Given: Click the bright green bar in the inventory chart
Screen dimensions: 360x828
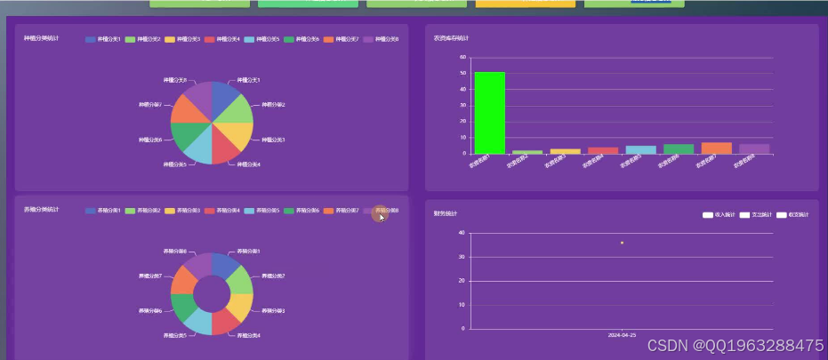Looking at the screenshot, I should [489, 113].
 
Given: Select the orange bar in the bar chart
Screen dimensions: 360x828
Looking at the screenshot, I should [716, 148].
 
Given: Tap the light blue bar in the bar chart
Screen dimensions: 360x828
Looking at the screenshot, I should [640, 149].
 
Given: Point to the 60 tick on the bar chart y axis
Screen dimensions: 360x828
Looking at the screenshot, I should [462, 57].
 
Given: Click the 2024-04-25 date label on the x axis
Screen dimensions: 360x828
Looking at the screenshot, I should [622, 336].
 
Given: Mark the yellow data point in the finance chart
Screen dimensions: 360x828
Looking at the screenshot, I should [622, 243].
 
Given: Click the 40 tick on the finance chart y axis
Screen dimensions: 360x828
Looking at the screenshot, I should [462, 233].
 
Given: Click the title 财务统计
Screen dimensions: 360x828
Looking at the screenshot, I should [446, 214].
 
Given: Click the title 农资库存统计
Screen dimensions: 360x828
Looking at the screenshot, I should [451, 38].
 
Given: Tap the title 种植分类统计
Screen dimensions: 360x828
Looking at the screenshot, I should [41, 38].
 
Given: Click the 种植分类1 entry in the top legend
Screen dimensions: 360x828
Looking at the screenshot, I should [102, 39].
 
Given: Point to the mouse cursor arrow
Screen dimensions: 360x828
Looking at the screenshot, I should [382, 216].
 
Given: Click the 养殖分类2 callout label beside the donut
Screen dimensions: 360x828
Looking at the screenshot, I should [270, 276].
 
